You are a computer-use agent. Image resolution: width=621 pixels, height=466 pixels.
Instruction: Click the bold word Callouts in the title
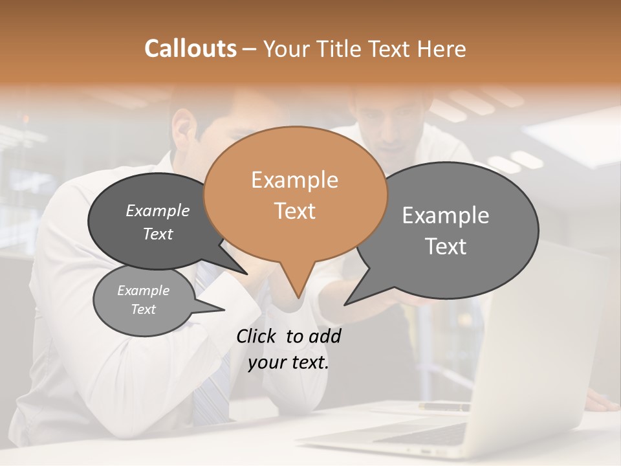190,49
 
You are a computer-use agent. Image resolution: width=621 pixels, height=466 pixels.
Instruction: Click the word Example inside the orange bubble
294,180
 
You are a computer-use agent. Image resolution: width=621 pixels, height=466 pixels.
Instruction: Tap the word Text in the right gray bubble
446,247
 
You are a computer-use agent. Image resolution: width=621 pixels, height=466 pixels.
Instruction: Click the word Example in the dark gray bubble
158,210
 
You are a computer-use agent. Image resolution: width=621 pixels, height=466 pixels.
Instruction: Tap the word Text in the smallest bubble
143,309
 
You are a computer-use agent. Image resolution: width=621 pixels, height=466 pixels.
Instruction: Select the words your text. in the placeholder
288,362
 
